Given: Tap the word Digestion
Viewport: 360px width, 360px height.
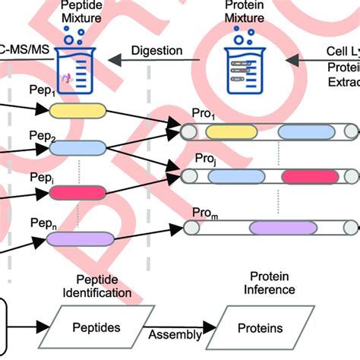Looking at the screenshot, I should pyautogui.click(x=156, y=51).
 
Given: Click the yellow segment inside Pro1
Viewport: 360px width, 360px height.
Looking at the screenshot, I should pyautogui.click(x=232, y=132).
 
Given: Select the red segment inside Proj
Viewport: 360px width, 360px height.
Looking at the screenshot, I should pyautogui.click(x=309, y=177).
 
